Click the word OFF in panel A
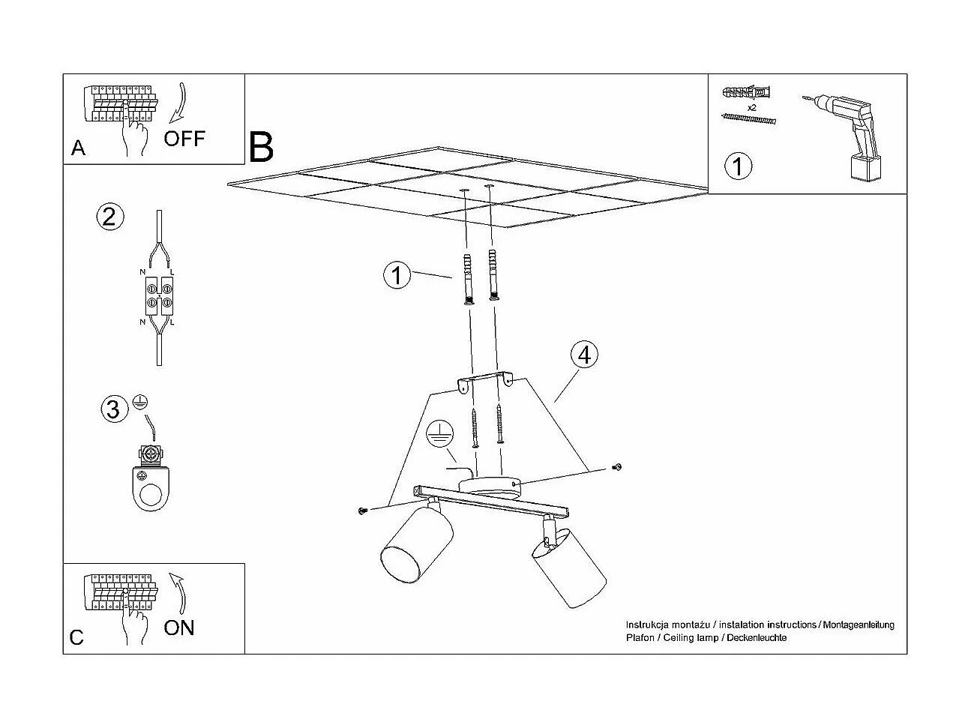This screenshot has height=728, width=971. coord(184,139)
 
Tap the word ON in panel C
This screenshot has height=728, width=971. coord(179,628)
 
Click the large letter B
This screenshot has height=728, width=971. coord(261,147)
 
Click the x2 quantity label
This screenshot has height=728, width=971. coord(751,107)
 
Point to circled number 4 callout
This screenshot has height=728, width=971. coord(584,355)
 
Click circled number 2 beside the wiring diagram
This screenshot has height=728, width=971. coord(110,217)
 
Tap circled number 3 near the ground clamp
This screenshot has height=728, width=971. coord(115,409)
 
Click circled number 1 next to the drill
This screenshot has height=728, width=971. coord(738,166)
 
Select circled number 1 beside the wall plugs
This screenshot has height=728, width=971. coord(397,274)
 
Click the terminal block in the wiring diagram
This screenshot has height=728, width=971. coord(159,295)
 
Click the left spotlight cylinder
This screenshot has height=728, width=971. coord(417,545)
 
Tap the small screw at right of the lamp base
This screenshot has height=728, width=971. coord(616,466)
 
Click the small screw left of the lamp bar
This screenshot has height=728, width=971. coord(362,511)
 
